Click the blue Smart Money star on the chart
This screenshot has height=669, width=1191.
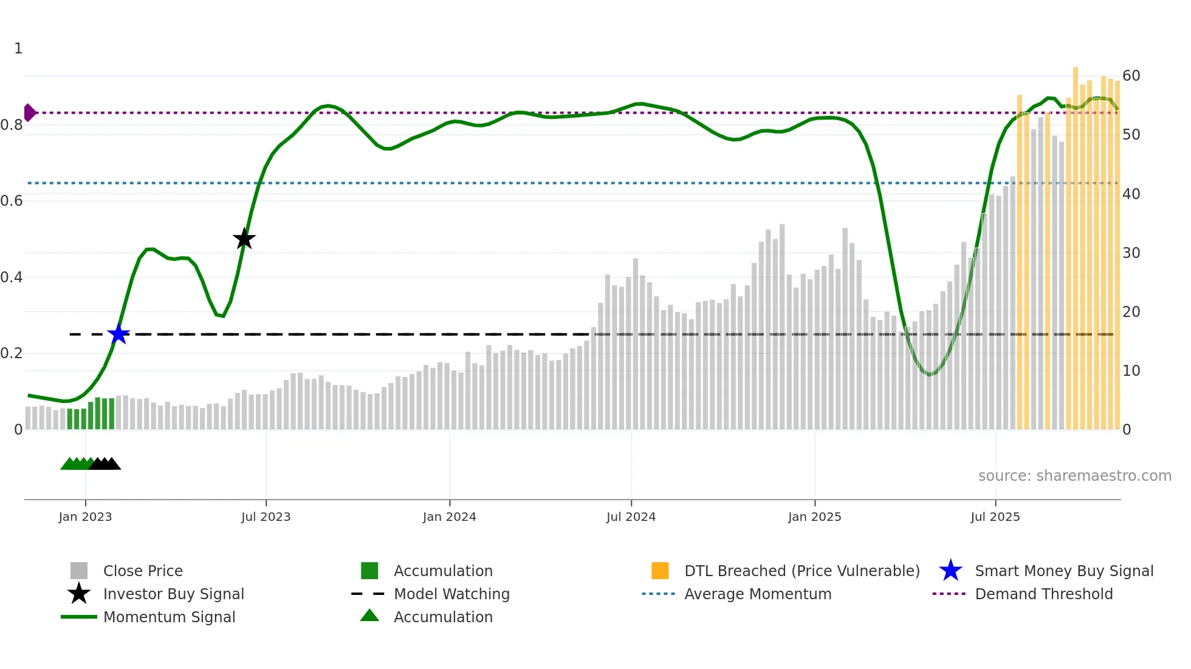[x=118, y=334]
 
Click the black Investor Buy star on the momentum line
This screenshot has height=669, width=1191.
[x=244, y=239]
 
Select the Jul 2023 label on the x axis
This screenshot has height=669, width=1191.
[x=266, y=517]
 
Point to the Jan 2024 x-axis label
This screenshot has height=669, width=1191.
[x=449, y=517]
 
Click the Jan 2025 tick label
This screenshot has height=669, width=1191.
[x=814, y=517]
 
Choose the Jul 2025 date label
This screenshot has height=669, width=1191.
[x=995, y=517]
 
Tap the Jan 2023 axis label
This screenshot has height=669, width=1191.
[x=85, y=517]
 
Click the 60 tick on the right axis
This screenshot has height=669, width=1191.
[x=1131, y=76]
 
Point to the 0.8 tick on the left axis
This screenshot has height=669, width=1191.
[x=12, y=125]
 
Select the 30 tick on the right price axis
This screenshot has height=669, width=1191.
[x=1131, y=253]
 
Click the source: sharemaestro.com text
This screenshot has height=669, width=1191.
[x=1074, y=476]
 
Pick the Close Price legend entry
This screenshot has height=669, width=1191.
[x=143, y=571]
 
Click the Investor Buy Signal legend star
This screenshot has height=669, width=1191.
[x=79, y=594]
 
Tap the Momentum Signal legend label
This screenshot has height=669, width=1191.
[x=169, y=617]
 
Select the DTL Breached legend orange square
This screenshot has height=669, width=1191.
[x=660, y=571]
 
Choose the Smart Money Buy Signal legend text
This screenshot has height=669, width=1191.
[x=1064, y=571]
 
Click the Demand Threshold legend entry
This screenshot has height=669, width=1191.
[x=1043, y=594]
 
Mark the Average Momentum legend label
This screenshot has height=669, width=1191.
[x=758, y=594]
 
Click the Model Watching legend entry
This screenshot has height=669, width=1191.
[x=451, y=594]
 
